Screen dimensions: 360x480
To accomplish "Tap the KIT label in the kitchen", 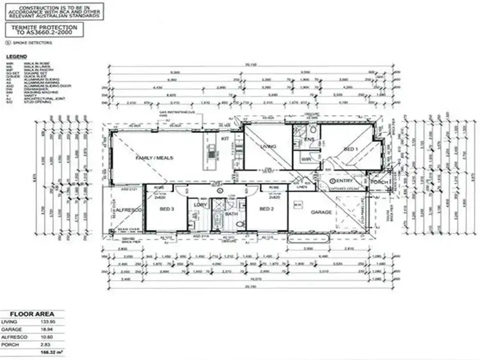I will pyautogui.click(x=225, y=138).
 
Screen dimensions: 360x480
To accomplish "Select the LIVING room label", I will pyautogui.click(x=268, y=147).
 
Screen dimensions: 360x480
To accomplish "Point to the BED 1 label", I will pyautogui.click(x=351, y=148).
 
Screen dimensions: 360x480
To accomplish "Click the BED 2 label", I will pyautogui.click(x=267, y=209).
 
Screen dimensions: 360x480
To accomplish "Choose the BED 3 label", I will pyautogui.click(x=166, y=210).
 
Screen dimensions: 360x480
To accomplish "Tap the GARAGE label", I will pyautogui.click(x=321, y=212).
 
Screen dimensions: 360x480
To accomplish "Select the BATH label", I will pyautogui.click(x=231, y=214).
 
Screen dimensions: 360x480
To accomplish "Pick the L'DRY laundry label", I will pyautogui.click(x=198, y=205).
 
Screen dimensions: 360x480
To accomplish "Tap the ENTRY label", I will pyautogui.click(x=347, y=182).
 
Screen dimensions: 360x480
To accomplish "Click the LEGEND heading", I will pyautogui.click(x=17, y=56).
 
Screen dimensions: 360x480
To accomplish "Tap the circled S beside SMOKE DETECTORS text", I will pyautogui.click(x=7, y=43).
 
